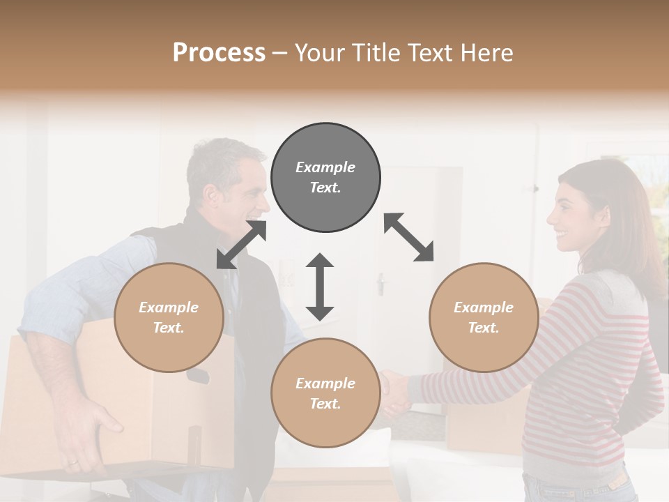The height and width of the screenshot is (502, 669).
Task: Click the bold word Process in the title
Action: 219,52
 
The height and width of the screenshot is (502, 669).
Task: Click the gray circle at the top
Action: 325,178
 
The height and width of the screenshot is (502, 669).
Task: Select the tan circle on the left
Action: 169,317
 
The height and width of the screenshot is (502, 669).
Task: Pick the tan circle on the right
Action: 484,317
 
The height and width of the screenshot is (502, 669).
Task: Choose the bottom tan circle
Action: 325,393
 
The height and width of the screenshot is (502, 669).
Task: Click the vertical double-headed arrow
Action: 320,287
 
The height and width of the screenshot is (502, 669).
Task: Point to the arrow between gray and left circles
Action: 241,244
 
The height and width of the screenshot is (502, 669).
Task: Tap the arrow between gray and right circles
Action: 408,237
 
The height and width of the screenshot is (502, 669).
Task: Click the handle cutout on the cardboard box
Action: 198,376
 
